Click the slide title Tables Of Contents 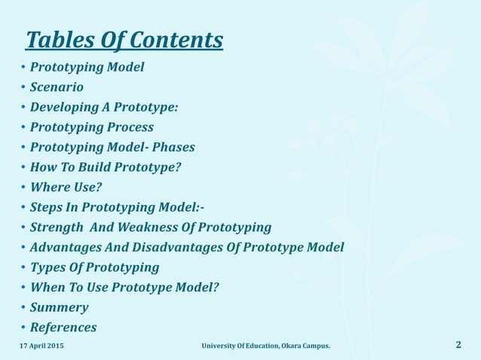pos(124,39)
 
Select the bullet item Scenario pos(57,87)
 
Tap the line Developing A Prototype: pos(104,107)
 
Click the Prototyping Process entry pos(91,127)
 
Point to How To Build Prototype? pos(106,167)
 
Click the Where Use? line pos(66,187)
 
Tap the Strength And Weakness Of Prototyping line pos(151,227)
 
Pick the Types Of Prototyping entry pos(94,267)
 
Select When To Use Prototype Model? pos(124,287)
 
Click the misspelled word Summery pos(59,307)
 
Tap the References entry pos(63,328)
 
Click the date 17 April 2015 pos(41,346)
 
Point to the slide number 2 pos(458,345)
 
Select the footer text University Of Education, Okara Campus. pos(265,346)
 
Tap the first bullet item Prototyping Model pos(87,67)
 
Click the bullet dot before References pos(23,328)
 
